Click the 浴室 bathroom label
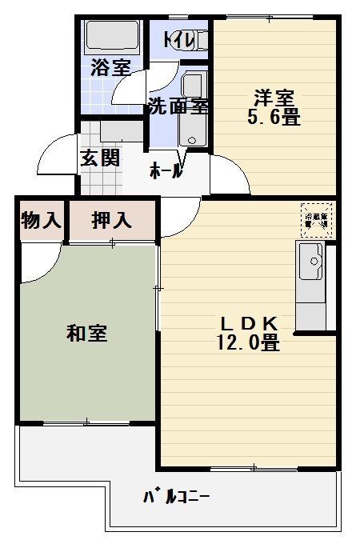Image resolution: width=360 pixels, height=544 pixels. point(110,67)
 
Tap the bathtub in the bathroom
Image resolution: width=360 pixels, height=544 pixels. point(112,37)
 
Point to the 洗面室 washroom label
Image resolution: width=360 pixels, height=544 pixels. point(178,106)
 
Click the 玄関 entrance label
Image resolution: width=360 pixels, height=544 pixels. point(99,158)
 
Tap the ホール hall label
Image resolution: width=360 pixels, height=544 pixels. point(166,170)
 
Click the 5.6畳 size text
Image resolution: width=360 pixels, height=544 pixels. point(273,118)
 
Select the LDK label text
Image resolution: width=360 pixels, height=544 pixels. point(248,323)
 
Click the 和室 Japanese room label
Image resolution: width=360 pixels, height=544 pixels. point(87,334)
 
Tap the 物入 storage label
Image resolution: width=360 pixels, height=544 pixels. point(40,221)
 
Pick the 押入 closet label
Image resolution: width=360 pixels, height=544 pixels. point(111,221)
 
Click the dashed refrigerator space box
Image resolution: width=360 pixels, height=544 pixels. point(317,218)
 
